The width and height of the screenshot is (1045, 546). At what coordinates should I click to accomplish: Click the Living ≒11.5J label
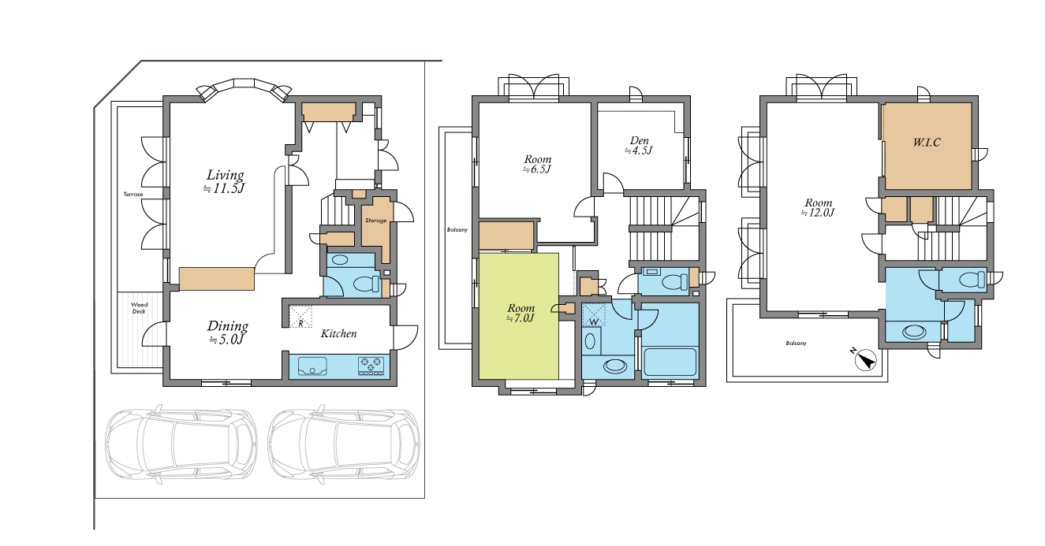225,181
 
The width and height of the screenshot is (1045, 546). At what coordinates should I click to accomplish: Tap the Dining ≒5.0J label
227,332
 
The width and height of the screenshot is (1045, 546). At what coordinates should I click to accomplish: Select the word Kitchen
338,333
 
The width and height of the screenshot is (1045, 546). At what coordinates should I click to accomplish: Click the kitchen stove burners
371,366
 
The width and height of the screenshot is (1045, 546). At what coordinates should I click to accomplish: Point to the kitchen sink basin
312,366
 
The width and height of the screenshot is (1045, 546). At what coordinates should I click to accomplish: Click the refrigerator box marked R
300,317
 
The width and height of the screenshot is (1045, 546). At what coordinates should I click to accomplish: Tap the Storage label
376,221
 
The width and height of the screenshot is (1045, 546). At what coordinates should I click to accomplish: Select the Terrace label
133,195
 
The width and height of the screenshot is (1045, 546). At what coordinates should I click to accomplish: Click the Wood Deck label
139,308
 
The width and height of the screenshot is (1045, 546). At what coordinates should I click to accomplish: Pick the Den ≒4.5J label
639,145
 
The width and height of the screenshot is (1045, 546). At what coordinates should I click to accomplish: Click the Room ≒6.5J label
537,165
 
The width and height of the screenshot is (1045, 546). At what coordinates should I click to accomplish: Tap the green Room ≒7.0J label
521,313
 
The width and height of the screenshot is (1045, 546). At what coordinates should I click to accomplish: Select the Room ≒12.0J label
818,208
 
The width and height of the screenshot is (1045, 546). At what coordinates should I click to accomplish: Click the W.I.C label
927,142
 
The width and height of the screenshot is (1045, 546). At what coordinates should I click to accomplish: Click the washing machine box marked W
594,315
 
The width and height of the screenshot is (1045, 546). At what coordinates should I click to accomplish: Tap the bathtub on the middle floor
670,362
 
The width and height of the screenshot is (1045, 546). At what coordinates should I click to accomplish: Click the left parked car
181,444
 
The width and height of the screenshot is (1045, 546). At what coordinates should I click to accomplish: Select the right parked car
344,444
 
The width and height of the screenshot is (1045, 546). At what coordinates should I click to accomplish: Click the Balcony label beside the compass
796,344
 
